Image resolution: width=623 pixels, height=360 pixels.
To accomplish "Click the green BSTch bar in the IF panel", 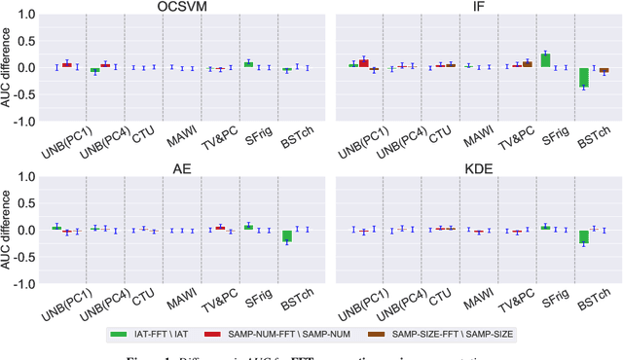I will [x=584, y=78].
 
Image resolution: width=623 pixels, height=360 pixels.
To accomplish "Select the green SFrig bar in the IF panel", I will [x=545, y=60].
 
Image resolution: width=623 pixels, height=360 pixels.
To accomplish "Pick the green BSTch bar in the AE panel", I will [x=287, y=236].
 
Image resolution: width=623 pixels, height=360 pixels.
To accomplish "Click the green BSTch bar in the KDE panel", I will [x=584, y=236].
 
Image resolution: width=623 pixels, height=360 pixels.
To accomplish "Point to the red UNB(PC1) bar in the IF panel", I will [x=364, y=63].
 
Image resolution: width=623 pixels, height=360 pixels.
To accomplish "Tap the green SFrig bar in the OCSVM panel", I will [x=248, y=64].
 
